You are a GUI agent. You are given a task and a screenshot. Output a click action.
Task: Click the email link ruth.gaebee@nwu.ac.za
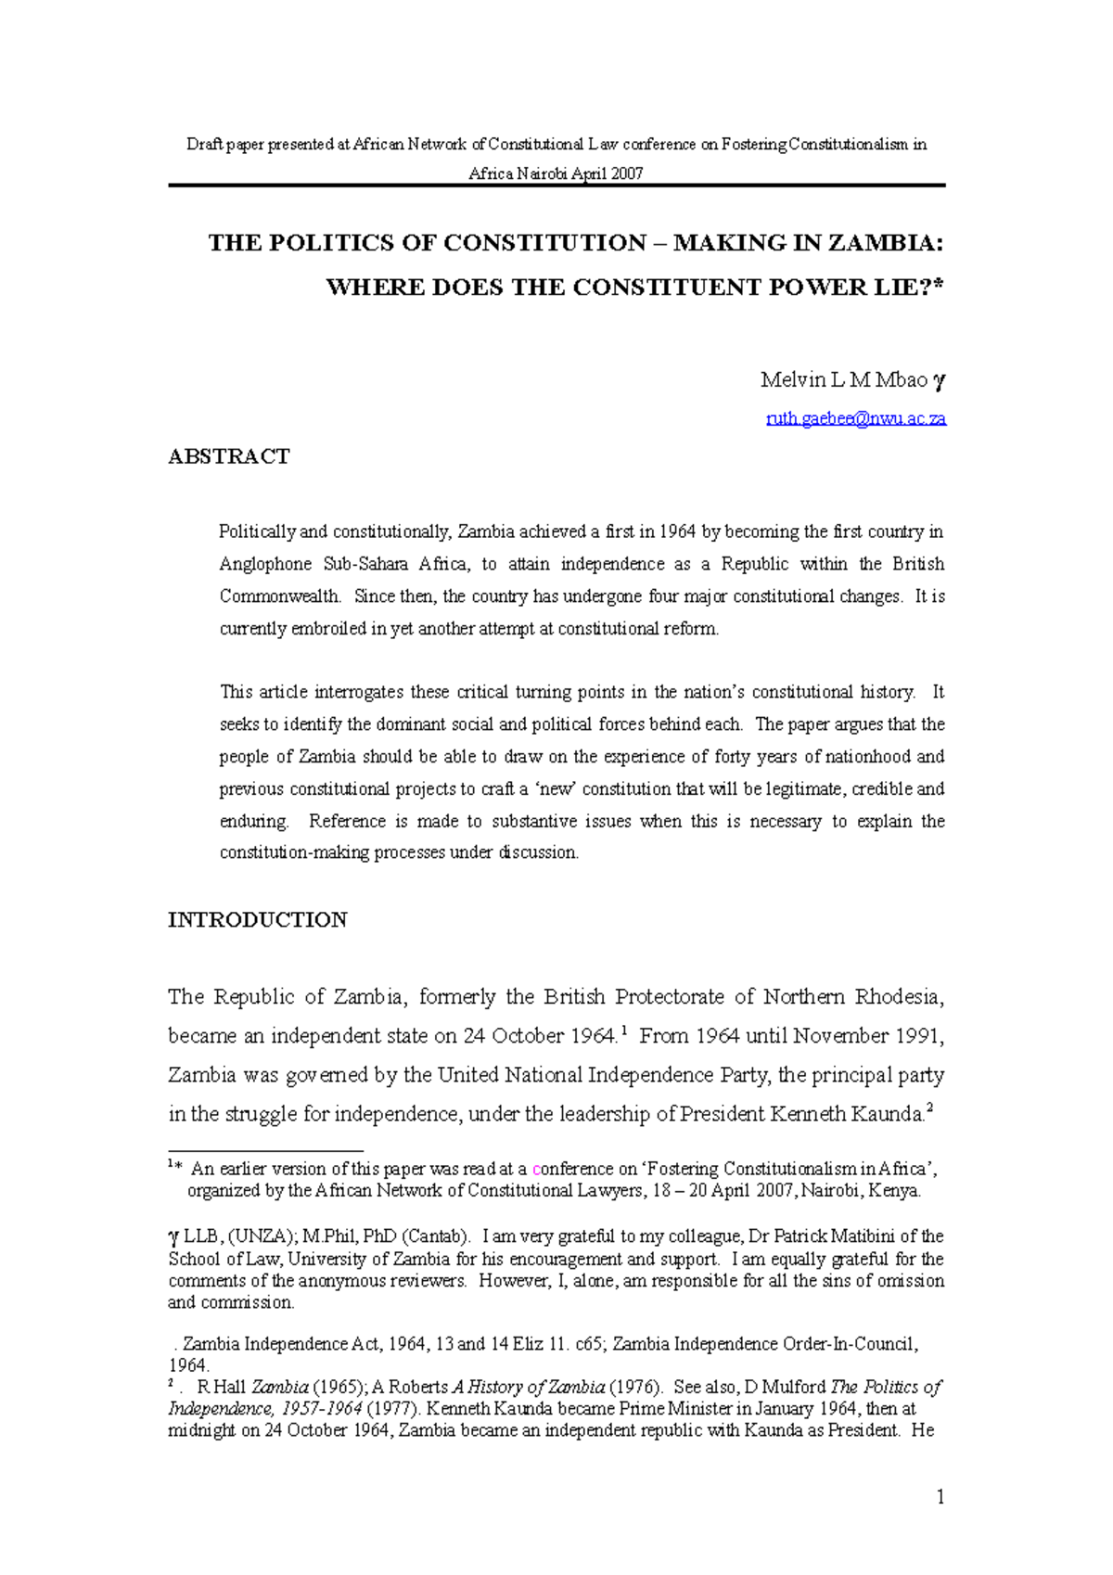click(x=855, y=418)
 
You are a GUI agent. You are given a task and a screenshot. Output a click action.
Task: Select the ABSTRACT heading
click(x=228, y=456)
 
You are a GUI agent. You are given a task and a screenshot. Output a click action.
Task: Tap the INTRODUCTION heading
click(x=257, y=920)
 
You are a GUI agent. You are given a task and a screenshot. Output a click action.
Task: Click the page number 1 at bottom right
click(x=940, y=1496)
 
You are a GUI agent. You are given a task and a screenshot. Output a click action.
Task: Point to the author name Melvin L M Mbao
click(x=843, y=379)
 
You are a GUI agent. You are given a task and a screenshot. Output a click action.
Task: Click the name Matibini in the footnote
click(x=858, y=1236)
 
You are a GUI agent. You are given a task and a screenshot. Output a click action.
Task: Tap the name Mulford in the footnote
click(x=794, y=1388)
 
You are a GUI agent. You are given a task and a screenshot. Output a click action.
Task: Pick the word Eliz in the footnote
click(x=526, y=1344)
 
